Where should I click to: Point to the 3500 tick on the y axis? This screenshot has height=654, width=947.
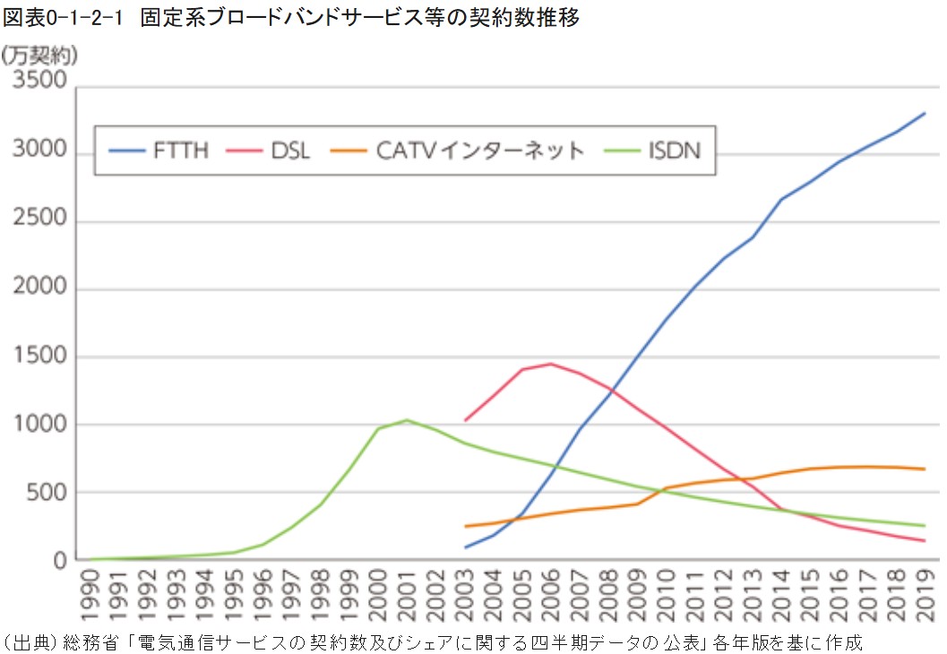coord(39,82)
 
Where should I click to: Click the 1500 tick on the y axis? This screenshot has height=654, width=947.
coord(39,357)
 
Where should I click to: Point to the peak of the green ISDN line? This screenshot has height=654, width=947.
coord(407,420)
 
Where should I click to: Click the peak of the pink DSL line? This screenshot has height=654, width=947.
coord(551,364)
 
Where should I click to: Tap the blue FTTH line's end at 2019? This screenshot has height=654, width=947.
coord(925,113)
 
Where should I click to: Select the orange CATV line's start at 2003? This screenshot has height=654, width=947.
coord(466,526)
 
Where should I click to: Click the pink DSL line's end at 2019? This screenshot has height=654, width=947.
coord(925,540)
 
